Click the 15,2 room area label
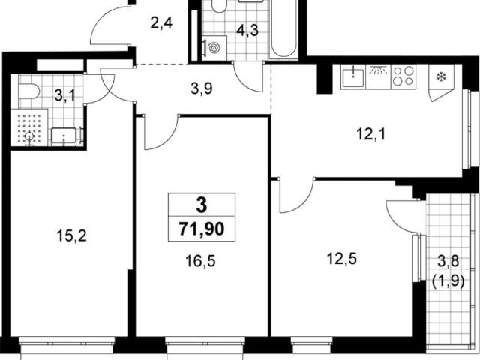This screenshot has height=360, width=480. pyautogui.click(x=72, y=236)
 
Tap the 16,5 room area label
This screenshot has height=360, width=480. pyautogui.click(x=201, y=261)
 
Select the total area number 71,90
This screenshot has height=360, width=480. pyautogui.click(x=202, y=229)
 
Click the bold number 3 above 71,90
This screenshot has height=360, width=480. pyautogui.click(x=202, y=205)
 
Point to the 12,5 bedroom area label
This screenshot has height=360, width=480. pyautogui.click(x=342, y=259)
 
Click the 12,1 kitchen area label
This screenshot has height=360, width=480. pyautogui.click(x=371, y=134)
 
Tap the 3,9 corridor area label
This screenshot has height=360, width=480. pyautogui.click(x=202, y=89)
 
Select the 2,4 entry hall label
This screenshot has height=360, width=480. pyautogui.click(x=161, y=22)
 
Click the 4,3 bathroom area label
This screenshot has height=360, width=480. pyautogui.click(x=247, y=30)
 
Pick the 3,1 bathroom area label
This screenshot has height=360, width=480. pyautogui.click(x=64, y=95)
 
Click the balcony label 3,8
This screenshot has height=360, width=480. pyautogui.click(x=448, y=262)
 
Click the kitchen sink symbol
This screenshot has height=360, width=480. pyautogui.click(x=353, y=76)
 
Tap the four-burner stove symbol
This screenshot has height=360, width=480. pyautogui.click(x=403, y=76)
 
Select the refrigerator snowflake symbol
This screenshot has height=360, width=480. pyautogui.click(x=441, y=76)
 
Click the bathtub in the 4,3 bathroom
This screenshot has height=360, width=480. pyautogui.click(x=283, y=29)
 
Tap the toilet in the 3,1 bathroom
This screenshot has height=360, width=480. pyautogui.click(x=28, y=91)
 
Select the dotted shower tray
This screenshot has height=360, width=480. pyautogui.click(x=29, y=127)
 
